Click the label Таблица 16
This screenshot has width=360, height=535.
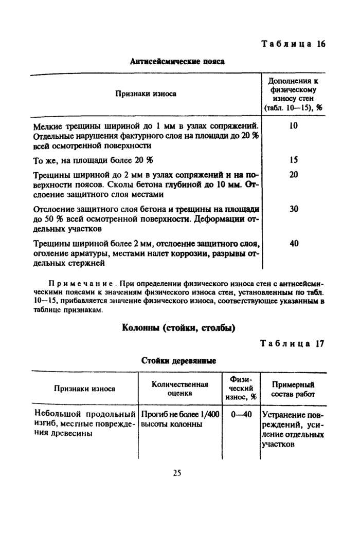293,44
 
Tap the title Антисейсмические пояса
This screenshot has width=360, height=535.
177,61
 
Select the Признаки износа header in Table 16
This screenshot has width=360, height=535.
146,94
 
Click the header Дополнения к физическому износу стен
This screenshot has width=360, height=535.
293,94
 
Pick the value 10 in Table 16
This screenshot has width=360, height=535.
293,125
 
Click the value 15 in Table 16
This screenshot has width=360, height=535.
293,160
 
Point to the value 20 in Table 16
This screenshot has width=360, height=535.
293,174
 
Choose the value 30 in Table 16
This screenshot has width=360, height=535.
293,209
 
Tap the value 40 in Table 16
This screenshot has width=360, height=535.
293,244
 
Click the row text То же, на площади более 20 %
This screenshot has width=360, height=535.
93,160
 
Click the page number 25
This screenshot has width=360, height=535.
177,473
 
